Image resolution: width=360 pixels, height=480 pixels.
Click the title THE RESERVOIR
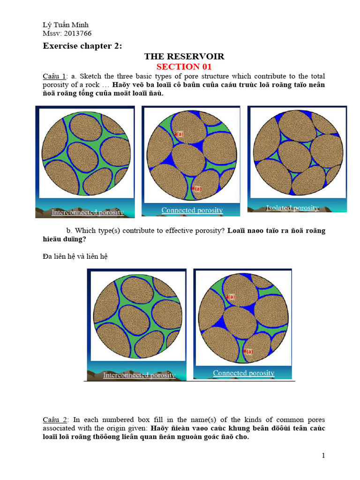pyautogui.click(x=184, y=56)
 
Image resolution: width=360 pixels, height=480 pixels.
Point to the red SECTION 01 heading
pyautogui.click(x=184, y=67)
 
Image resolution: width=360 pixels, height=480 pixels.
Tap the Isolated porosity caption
pyautogui.click(x=292, y=208)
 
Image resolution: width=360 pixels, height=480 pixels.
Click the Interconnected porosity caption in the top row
pyautogui.click(x=88, y=212)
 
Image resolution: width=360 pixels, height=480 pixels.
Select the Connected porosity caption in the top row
pyautogui.click(x=192, y=210)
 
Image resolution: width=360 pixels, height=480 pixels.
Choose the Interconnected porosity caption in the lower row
pyautogui.click(x=139, y=375)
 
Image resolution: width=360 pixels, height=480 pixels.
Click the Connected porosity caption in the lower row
pyautogui.click(x=243, y=373)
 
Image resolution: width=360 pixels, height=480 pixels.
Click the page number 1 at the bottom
pyautogui.click(x=323, y=456)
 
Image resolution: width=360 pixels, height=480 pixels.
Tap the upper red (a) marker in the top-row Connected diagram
pyautogui.click(x=179, y=134)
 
